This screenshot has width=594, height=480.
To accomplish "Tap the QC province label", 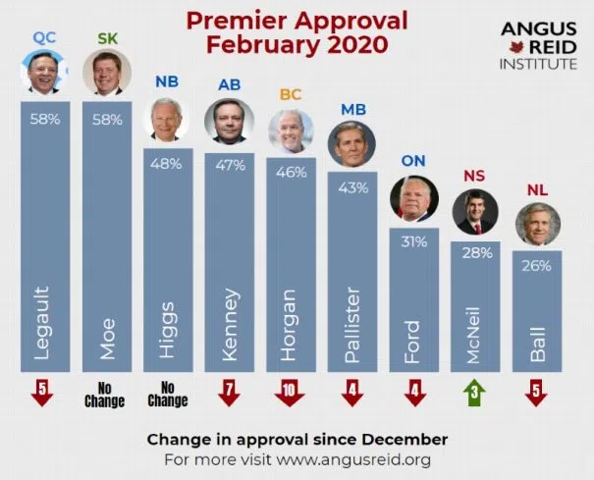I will tap(44, 37).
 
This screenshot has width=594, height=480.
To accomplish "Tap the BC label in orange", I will tap(291, 94).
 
